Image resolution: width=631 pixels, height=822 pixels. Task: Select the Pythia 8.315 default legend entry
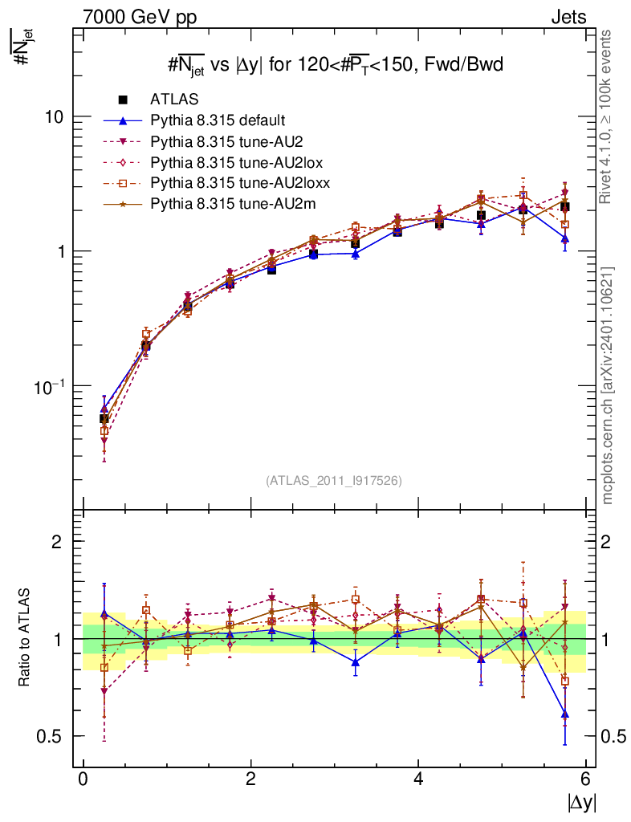click(x=218, y=120)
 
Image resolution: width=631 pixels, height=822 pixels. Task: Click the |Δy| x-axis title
click(x=581, y=802)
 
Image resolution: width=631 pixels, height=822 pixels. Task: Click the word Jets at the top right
click(x=568, y=17)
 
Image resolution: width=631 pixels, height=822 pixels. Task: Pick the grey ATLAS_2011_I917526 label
click(x=334, y=480)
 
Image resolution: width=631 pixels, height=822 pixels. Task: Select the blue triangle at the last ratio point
click(x=565, y=714)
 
